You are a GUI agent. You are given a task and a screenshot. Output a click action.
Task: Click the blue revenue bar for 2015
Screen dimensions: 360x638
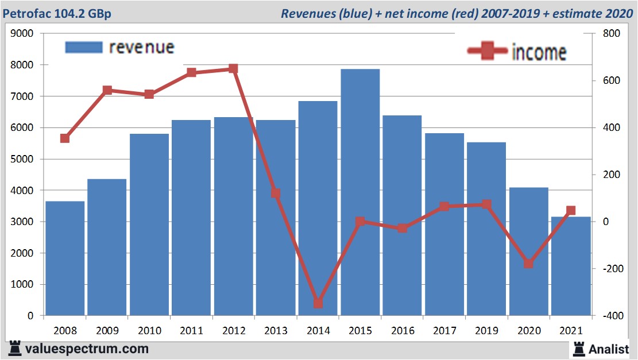pos(360,192)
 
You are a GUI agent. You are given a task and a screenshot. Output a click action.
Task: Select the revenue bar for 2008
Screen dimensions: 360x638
pos(65,258)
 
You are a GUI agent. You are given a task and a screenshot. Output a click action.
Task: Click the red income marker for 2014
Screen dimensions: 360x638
pos(318,303)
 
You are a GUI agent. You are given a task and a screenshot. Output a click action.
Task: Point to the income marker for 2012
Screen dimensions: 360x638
pos(233,69)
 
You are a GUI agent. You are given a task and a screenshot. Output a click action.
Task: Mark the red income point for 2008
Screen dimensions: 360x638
pos(65,138)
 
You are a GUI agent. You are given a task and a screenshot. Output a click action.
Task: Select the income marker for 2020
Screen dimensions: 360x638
pos(529,264)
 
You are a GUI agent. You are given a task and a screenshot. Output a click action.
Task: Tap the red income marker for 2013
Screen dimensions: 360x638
pos(276,193)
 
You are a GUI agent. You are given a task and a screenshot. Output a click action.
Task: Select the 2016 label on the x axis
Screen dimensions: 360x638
pos(402,331)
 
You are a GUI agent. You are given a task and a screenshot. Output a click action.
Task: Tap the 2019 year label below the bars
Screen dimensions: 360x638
pos(486,331)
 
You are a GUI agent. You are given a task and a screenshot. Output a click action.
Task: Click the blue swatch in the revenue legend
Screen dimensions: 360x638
pos(84,47)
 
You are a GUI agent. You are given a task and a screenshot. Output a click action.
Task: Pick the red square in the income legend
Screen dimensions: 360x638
pos(488,51)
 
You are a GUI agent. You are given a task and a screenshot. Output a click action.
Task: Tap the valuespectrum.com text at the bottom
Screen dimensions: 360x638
pos(86,349)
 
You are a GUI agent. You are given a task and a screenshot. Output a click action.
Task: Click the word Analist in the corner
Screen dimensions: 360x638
pos(609,349)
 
